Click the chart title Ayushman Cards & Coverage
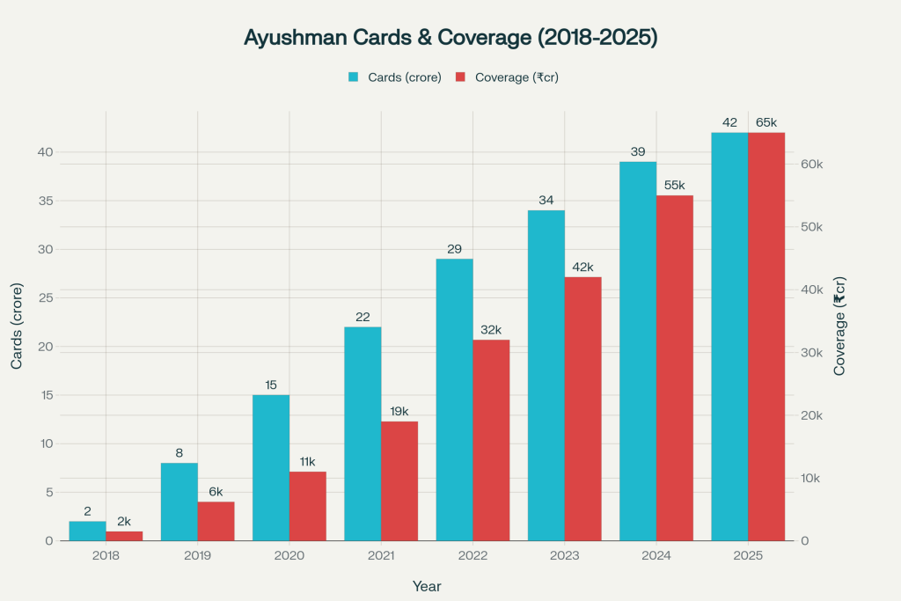pos(450,40)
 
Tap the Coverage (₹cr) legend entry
pos(507,77)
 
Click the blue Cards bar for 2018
pos(87,531)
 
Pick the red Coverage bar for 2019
pos(216,521)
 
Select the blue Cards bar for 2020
pos(271,467)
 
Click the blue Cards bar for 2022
pos(454,399)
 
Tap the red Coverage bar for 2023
pos(582,408)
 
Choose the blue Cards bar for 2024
pos(638,351)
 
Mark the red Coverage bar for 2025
pos(766,336)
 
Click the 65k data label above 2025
pos(766,122)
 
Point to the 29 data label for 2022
pos(454,249)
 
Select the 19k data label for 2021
pos(399,411)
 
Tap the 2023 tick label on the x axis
pos(564,557)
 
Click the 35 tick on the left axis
pos(45,201)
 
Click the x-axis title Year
pos(427,586)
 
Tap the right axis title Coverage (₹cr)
pos(839,326)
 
